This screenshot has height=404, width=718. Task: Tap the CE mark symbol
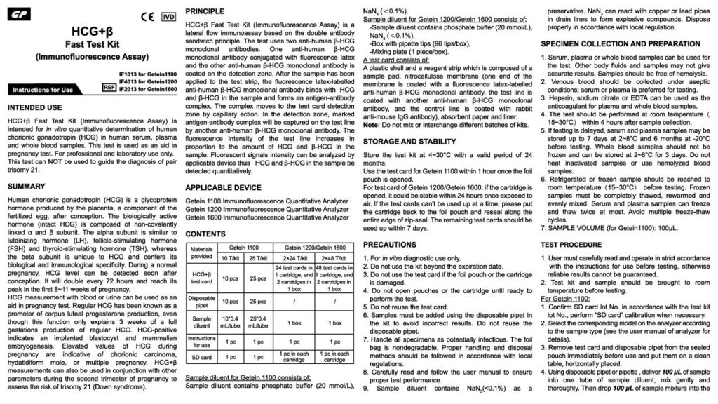pos(148,15)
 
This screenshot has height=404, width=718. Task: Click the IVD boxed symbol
pos(168,15)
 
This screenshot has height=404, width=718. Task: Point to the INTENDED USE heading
pos(39,109)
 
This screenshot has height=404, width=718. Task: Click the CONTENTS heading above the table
pos(205,233)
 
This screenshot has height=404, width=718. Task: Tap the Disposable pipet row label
pos(201,301)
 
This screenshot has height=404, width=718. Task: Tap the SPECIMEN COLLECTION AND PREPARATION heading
pos(620,43)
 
